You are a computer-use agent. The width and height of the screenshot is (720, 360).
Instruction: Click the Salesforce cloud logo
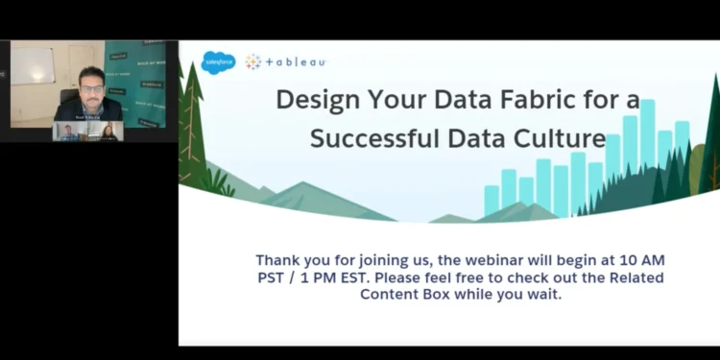coord(218,61)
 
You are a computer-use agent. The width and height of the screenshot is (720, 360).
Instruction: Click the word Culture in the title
coord(557,137)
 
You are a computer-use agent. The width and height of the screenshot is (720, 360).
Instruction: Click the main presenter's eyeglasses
coord(92,89)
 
